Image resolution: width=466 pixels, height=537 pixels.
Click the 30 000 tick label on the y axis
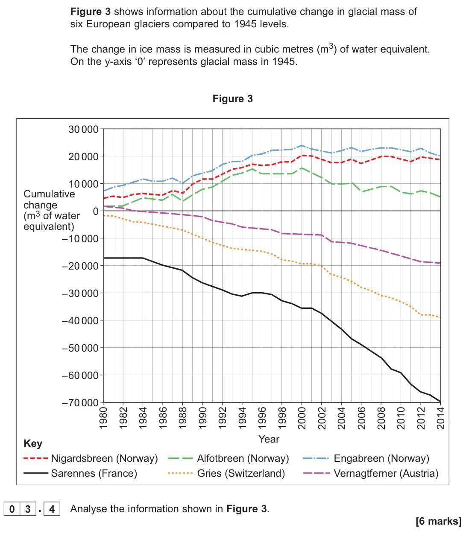83,129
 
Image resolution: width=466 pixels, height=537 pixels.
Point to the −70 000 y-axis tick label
80,402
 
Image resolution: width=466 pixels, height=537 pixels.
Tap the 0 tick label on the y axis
96,211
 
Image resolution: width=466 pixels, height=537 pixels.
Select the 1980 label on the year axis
103,418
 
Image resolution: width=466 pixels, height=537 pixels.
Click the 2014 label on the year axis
440,418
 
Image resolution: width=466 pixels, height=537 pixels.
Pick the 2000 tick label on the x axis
302,418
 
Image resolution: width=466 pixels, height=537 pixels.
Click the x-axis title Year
269,439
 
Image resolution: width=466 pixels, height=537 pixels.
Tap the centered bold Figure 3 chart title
232,99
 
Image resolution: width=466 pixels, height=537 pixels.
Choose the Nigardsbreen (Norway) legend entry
91,458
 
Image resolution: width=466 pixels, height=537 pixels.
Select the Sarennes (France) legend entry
80,473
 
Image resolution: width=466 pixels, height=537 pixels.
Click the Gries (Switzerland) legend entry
226,473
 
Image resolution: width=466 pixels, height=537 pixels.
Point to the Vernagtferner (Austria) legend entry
371,473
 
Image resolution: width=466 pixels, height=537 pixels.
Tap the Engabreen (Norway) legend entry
366,458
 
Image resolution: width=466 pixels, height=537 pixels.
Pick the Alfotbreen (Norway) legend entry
228,458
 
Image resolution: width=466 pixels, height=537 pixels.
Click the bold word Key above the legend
33,443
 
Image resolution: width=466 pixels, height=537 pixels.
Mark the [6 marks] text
438,521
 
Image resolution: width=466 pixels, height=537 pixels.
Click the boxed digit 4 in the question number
52,509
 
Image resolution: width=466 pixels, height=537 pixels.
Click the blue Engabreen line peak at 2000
302,145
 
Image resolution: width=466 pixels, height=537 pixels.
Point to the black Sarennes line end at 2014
440,402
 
